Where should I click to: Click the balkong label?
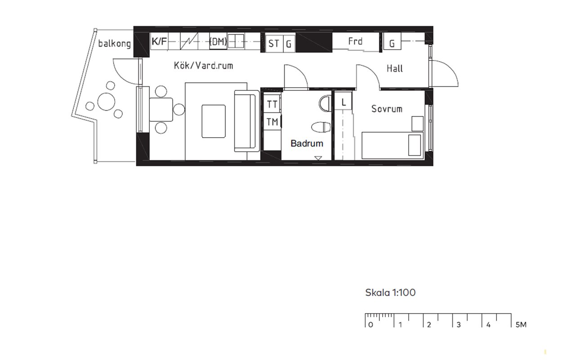click(x=114, y=44)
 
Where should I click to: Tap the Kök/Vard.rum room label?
click(x=203, y=66)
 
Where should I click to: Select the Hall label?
click(x=394, y=68)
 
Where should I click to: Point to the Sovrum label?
click(x=387, y=109)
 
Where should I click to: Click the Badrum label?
click(x=307, y=144)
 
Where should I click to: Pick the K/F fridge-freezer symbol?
click(x=159, y=41)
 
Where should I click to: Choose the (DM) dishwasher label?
click(x=218, y=41)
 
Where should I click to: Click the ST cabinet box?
click(x=274, y=44)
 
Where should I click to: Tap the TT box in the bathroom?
click(x=272, y=104)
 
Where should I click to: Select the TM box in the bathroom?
click(x=272, y=122)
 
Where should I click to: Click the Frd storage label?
click(x=355, y=41)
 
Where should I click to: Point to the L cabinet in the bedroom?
click(x=343, y=102)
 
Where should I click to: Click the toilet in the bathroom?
click(x=321, y=127)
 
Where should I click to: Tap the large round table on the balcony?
click(x=106, y=102)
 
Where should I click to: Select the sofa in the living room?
click(x=247, y=121)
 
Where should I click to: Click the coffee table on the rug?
click(x=214, y=121)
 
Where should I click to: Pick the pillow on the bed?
click(x=415, y=145)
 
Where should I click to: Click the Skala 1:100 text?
click(x=390, y=292)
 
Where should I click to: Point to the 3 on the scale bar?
click(x=459, y=325)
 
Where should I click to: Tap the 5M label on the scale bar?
click(x=521, y=325)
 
